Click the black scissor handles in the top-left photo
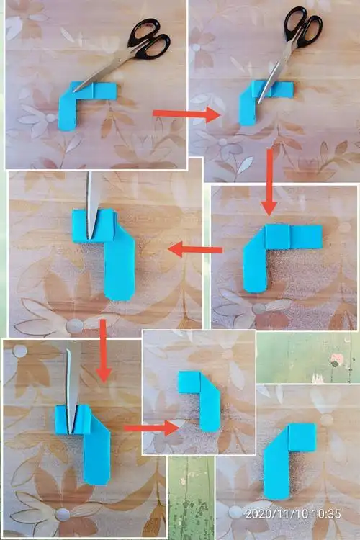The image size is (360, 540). [x=149, y=40]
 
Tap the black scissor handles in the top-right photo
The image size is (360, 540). [x=303, y=27]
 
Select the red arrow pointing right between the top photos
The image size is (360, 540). [x=186, y=114]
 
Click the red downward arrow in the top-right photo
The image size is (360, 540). [x=269, y=182]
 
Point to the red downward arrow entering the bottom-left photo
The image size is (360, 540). [x=103, y=351]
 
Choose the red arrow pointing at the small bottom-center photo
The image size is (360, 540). [x=151, y=428]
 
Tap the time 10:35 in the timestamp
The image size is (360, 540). [x=327, y=514]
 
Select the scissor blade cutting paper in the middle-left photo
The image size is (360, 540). [x=93, y=206]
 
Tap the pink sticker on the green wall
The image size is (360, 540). [x=336, y=360]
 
